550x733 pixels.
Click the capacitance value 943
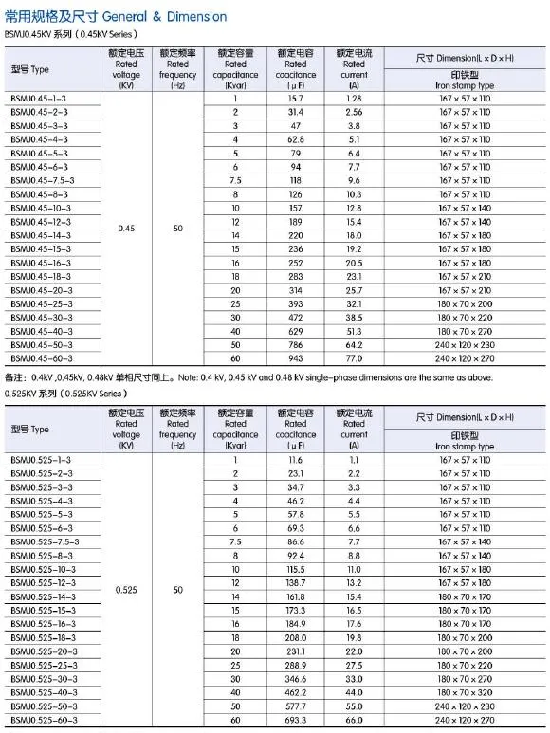point(296,359)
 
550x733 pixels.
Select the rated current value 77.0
point(354,359)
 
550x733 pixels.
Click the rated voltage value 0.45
point(126,229)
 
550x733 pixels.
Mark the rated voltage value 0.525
point(126,590)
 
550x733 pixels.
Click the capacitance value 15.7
point(296,99)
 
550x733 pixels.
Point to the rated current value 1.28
point(354,99)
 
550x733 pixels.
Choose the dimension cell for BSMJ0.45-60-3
point(464,359)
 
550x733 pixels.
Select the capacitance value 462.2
point(296,695)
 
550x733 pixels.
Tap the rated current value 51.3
point(354,332)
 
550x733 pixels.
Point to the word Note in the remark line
point(203,377)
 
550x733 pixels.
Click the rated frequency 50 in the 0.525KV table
point(178,590)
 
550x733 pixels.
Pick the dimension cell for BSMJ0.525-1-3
point(464,459)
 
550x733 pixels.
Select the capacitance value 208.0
point(296,640)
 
